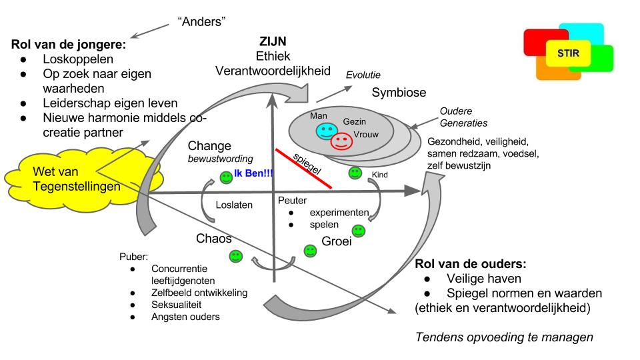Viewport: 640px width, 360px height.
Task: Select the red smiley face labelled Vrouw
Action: click(x=342, y=141)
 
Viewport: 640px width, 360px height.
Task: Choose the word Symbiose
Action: click(x=399, y=93)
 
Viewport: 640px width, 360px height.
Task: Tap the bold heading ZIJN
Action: click(x=273, y=42)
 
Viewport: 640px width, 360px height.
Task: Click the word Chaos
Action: click(x=214, y=239)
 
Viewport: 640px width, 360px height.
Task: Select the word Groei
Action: click(x=336, y=241)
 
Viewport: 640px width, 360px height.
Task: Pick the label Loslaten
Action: click(x=234, y=205)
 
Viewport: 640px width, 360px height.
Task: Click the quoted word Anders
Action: click(x=201, y=22)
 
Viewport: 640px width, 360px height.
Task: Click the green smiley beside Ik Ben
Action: click(x=226, y=178)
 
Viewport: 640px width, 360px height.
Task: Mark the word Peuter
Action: click(x=291, y=199)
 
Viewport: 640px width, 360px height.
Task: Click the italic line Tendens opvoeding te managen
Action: click(x=503, y=337)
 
